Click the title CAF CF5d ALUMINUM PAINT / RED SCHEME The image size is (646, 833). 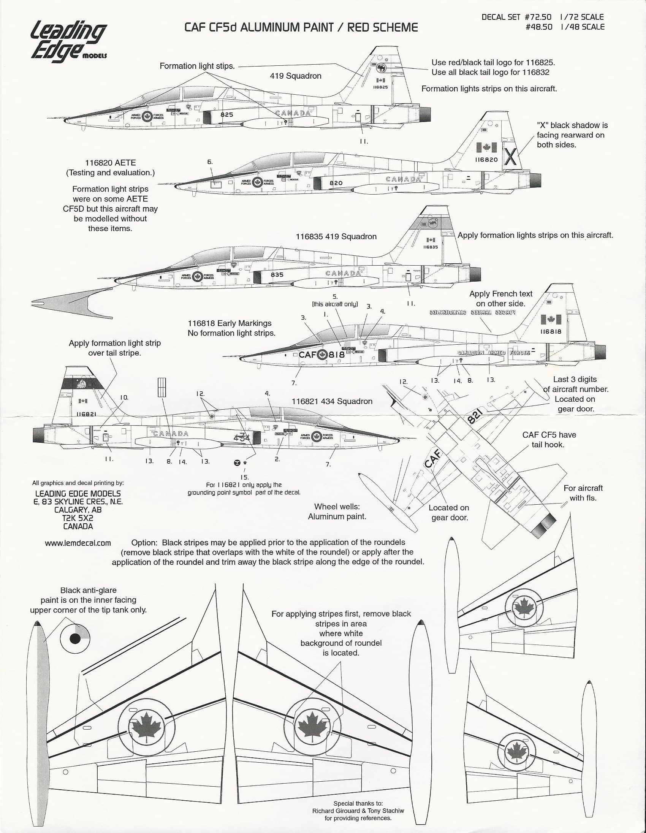pos(301,27)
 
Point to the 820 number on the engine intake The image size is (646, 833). pos(336,183)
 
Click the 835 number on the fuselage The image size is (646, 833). pos(277,274)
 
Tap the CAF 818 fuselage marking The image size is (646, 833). pos(322,355)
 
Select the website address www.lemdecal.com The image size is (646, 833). pos(78,543)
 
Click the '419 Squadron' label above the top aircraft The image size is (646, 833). pos(296,76)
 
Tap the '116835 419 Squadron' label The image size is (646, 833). pos(336,236)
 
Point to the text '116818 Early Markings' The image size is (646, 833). pos(230,323)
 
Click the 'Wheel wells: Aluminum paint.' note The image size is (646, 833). pos(337,512)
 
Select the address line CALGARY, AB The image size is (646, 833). pos(78,510)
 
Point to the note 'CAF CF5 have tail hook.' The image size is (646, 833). pos(549,439)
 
